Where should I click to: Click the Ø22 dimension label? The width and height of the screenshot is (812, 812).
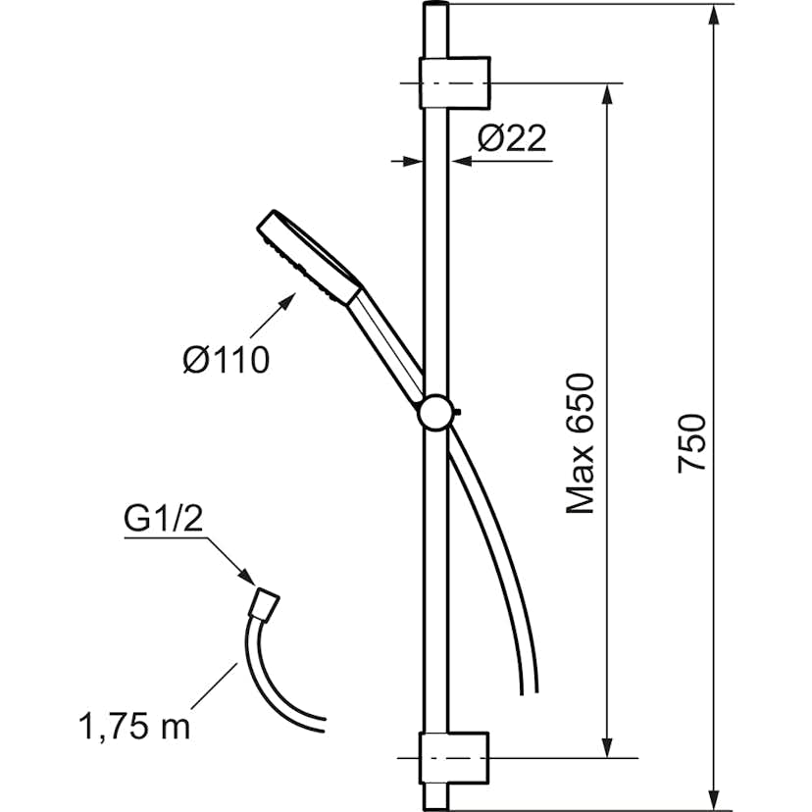(511, 140)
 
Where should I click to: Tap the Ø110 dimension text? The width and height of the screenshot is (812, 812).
(226, 360)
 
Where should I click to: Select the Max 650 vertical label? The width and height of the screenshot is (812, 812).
(583, 443)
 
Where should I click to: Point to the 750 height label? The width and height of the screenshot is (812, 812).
(692, 443)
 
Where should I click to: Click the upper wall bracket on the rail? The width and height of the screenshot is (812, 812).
(455, 82)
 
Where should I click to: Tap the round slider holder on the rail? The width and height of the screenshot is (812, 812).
(436, 412)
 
